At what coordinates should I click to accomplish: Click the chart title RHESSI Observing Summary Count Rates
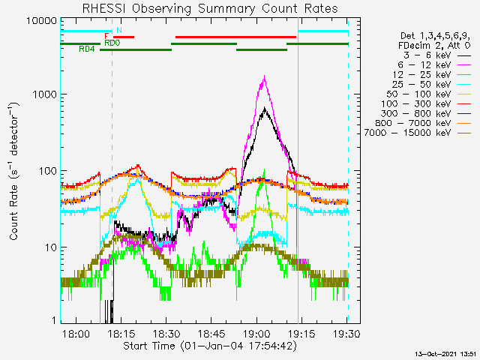(x=210, y=8)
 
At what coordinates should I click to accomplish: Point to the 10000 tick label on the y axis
(x=42, y=21)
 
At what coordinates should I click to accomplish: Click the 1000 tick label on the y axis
(x=45, y=94)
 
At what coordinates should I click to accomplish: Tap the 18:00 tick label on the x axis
(x=76, y=333)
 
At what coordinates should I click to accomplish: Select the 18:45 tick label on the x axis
(x=211, y=333)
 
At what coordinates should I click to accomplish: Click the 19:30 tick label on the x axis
(x=346, y=333)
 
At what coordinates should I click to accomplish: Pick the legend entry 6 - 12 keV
(x=424, y=65)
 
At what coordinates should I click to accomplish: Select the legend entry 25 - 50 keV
(x=421, y=84)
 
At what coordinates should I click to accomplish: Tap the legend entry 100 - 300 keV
(x=415, y=103)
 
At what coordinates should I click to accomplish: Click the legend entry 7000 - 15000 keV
(x=407, y=133)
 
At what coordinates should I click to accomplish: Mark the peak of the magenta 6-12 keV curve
(x=264, y=76)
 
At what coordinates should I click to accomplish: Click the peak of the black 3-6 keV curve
(x=265, y=108)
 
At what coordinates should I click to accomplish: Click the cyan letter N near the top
(x=119, y=30)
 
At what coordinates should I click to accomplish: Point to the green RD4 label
(x=87, y=49)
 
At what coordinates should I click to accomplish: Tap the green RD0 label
(x=112, y=43)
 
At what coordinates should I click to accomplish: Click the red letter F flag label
(x=106, y=37)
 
